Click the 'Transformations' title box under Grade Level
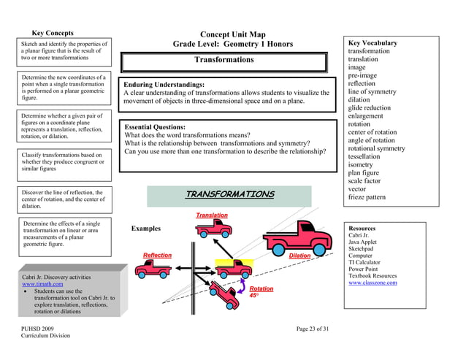coord(224,60)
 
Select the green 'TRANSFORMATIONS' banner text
coord(229,194)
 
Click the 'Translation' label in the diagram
coord(212,215)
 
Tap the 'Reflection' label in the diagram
coord(157,256)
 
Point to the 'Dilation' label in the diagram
coord(299,256)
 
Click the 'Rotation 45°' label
coord(261,292)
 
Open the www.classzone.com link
coord(373,283)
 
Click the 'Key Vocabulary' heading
coord(373,43)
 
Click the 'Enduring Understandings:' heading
coord(164,85)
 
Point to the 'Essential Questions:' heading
coord(158,127)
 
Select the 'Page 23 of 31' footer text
coord(313,329)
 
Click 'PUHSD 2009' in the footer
coord(37,329)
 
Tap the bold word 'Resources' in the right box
coord(362,229)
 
